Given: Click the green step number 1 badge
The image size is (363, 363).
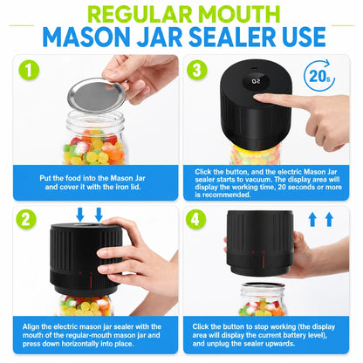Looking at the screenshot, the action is click(29, 71).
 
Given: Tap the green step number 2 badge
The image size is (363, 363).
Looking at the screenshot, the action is click(26, 219).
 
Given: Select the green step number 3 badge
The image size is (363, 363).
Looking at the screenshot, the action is click(197, 70).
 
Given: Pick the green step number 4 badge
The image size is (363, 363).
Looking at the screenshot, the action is click(195, 219).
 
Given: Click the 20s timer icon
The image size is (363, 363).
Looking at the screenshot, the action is click(319, 76).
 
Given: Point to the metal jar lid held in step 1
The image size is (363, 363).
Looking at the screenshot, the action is click(96, 95).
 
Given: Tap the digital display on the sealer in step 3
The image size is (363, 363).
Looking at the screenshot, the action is click(257, 81).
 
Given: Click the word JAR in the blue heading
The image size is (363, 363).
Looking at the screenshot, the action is click(160, 37).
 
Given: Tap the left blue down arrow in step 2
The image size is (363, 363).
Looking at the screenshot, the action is click(80, 215).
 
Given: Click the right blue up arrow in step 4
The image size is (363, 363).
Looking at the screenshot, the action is click(329, 219).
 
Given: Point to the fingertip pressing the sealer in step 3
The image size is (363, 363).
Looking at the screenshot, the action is click(258, 98).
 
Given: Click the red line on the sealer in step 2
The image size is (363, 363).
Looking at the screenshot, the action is click(91, 281).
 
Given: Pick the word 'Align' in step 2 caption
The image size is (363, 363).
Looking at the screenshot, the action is click(31, 327).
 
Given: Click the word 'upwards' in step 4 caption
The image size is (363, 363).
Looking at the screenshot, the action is click(280, 344).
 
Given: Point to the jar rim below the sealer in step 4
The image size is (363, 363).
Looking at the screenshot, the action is click(263, 285).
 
